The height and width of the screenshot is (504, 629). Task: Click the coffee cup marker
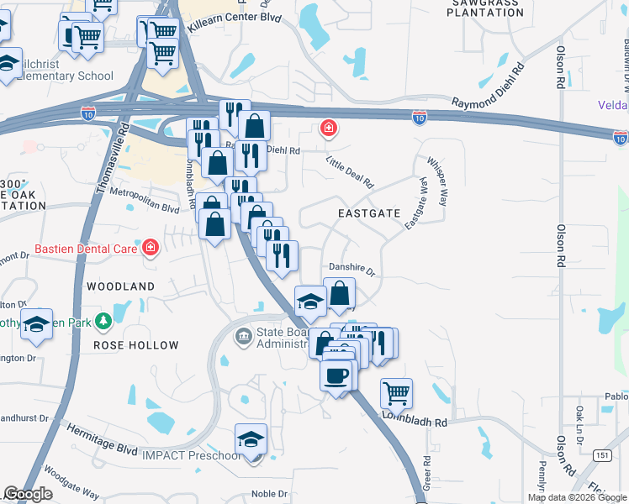tap(337, 375)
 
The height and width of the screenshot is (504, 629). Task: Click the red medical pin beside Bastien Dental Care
tap(151, 248)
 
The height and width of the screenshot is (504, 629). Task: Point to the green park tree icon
tap(103, 320)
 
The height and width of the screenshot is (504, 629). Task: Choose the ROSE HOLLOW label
tap(136, 345)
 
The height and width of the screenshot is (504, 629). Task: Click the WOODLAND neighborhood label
tap(121, 286)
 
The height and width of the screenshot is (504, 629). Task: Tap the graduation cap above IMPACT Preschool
tap(251, 440)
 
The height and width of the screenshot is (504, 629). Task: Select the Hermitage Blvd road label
tap(103, 439)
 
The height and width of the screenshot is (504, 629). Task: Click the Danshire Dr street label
tap(351, 270)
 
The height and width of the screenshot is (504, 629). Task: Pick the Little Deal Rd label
tap(349, 173)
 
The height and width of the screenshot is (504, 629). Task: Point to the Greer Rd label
tap(426, 474)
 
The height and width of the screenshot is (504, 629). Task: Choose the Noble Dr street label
tap(270, 494)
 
